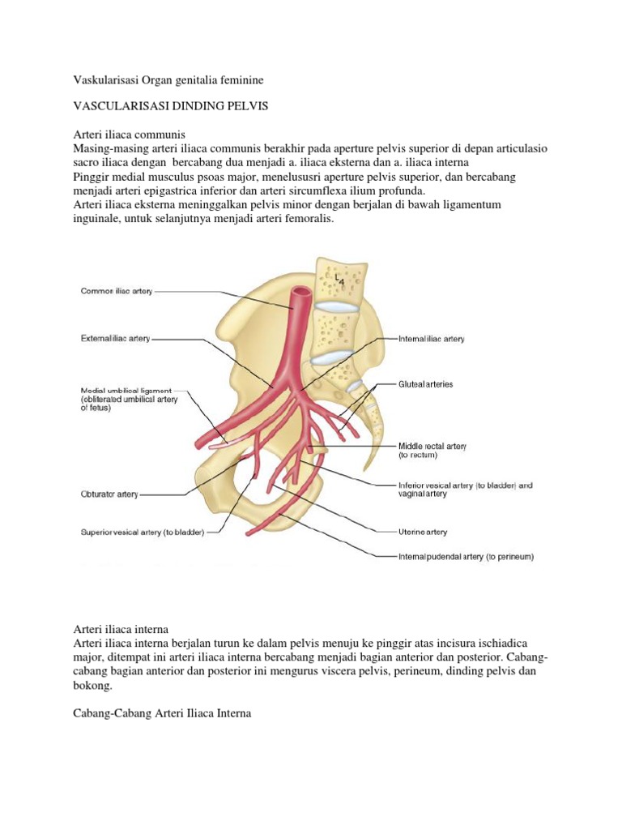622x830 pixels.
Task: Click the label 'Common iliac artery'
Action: coord(116,290)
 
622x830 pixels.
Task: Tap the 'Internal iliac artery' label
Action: coord(431,339)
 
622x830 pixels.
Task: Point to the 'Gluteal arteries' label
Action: coord(424,383)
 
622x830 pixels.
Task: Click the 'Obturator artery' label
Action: coord(109,493)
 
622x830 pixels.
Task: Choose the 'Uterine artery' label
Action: coord(422,532)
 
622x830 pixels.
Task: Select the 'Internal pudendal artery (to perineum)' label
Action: coord(465,557)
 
